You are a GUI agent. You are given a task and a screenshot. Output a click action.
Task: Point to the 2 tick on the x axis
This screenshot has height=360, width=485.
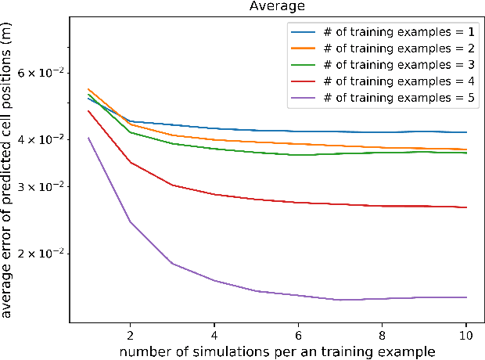[131, 335]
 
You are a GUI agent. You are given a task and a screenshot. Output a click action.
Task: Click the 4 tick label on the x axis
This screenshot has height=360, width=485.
[214, 335]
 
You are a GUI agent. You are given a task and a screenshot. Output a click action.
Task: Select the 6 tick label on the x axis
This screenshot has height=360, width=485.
[298, 335]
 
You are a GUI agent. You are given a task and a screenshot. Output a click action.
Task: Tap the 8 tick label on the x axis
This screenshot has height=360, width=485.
[382, 335]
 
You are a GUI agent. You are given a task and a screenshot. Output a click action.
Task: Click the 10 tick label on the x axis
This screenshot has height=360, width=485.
[466, 335]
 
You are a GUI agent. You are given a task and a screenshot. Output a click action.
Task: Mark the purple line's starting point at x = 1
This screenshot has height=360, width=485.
[88, 138]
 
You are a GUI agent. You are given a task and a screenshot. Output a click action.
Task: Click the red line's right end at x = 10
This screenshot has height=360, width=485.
[466, 207]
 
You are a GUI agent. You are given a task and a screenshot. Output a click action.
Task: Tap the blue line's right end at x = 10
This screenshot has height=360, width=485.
[466, 132]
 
